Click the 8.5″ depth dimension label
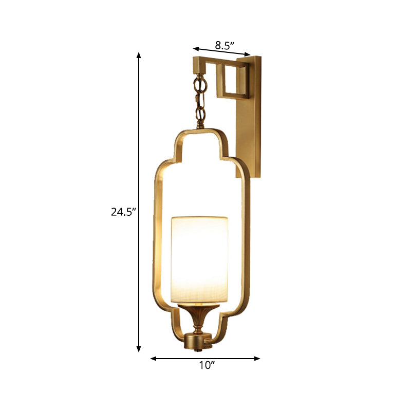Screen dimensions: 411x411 click(x=225, y=45)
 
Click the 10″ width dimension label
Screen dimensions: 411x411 click(x=206, y=366)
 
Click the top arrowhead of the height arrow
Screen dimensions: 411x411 click(x=139, y=54)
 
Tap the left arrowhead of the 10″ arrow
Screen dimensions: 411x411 click(x=153, y=359)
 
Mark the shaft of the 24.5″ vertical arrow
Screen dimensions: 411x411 click(x=139, y=154)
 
